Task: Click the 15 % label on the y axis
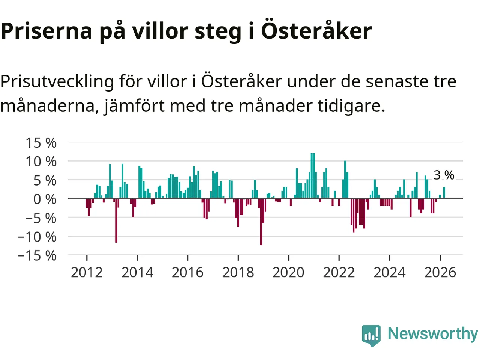point(41,143)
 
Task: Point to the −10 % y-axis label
point(37,237)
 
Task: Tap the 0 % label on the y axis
point(45,199)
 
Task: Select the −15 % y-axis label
point(37,256)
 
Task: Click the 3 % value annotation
point(444,175)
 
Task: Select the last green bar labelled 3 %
point(444,193)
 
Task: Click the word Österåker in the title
point(316,31)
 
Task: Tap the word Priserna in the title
point(46,31)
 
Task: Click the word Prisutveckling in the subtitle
point(57,81)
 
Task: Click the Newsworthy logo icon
point(371,335)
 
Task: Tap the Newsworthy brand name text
point(433,333)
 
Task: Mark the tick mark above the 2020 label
point(289,258)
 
